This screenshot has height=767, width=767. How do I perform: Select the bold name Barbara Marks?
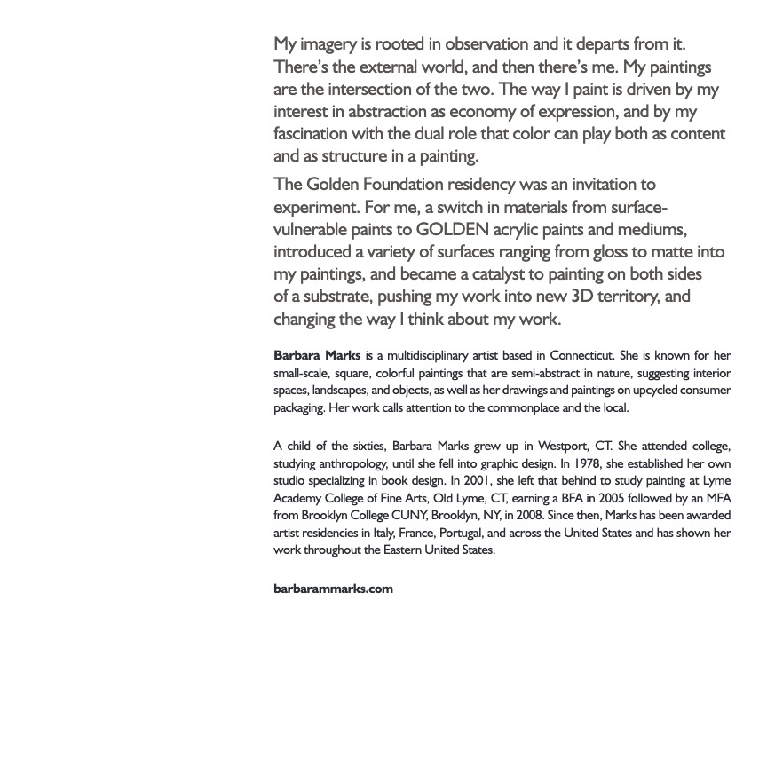pos(317,356)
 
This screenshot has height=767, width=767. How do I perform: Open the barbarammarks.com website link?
pos(333,589)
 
